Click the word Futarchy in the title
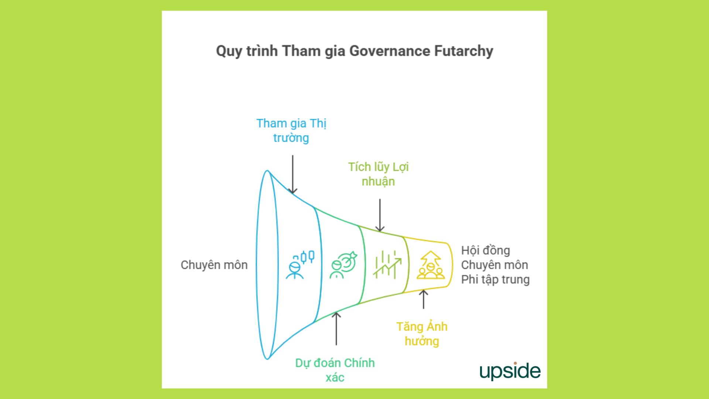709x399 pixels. (x=463, y=51)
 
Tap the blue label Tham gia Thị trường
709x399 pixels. (x=291, y=130)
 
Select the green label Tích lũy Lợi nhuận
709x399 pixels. (x=378, y=174)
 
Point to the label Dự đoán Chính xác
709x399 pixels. (x=335, y=370)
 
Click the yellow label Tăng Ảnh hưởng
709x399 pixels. (x=422, y=334)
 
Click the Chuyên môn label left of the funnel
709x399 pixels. (x=214, y=265)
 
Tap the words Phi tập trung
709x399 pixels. (x=495, y=279)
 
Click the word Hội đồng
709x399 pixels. (x=486, y=250)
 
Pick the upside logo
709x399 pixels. (x=510, y=371)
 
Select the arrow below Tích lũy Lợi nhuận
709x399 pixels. (x=380, y=215)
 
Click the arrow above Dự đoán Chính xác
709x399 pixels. (x=336, y=328)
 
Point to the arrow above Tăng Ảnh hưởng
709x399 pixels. (x=424, y=299)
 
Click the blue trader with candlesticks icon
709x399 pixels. (x=300, y=265)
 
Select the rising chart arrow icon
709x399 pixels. (x=387, y=265)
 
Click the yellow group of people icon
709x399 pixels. (x=431, y=265)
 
